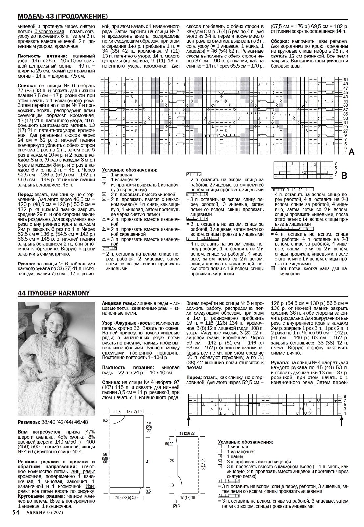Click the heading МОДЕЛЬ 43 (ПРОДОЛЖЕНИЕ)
pos(62,16)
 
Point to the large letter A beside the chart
pos(351,152)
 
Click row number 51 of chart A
pos(346,80)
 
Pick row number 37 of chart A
pos(346,110)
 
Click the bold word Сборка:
pos(280,41)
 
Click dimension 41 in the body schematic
pos(148,462)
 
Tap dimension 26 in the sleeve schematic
pos(172,461)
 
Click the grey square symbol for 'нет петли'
pos(272,268)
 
